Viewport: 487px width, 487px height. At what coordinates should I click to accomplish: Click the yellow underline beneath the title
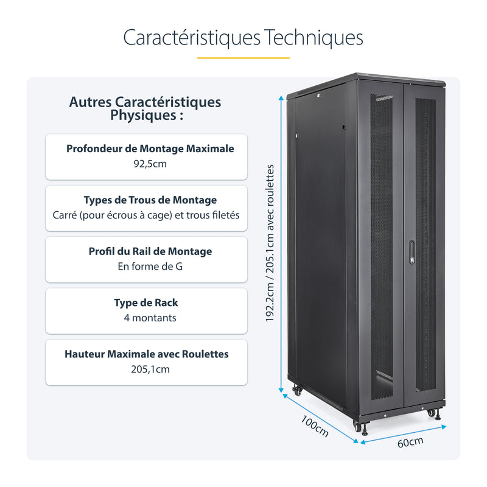tap(243, 58)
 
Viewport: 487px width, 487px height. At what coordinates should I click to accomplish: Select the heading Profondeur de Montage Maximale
tap(150, 149)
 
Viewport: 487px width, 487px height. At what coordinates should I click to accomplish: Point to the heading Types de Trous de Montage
tap(150, 200)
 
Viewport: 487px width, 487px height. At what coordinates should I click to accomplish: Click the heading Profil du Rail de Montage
tap(150, 251)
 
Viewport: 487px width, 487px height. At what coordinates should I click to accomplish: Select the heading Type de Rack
tap(146, 303)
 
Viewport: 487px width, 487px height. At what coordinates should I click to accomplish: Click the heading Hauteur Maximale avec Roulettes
tap(147, 354)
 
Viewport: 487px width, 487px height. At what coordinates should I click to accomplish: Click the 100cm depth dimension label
tap(315, 426)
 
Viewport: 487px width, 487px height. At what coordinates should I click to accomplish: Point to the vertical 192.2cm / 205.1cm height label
tap(271, 244)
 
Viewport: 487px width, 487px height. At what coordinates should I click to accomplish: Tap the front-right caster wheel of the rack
tap(431, 413)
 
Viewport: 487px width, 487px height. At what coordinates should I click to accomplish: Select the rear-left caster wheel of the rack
tap(297, 391)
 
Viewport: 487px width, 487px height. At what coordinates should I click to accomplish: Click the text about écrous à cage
tap(146, 215)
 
